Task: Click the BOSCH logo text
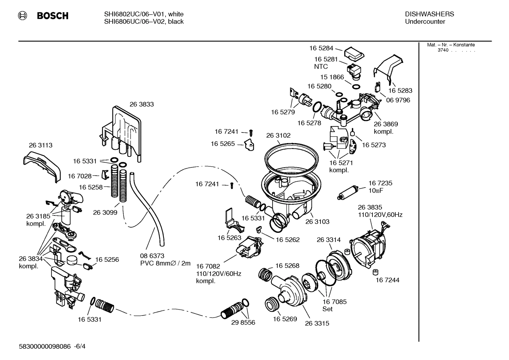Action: tap(52, 16)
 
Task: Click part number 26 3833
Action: tap(142, 104)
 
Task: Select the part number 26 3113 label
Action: tap(41, 145)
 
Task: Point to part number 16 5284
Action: tap(321, 48)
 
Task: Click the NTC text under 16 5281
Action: tap(321, 66)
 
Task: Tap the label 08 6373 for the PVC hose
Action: tap(152, 256)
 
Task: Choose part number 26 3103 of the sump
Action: tap(317, 222)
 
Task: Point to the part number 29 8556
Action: tap(243, 323)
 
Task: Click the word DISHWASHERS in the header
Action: tap(429, 14)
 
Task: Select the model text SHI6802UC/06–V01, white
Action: tap(144, 14)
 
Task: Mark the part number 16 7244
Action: tap(387, 280)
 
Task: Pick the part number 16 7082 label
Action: tap(208, 266)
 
